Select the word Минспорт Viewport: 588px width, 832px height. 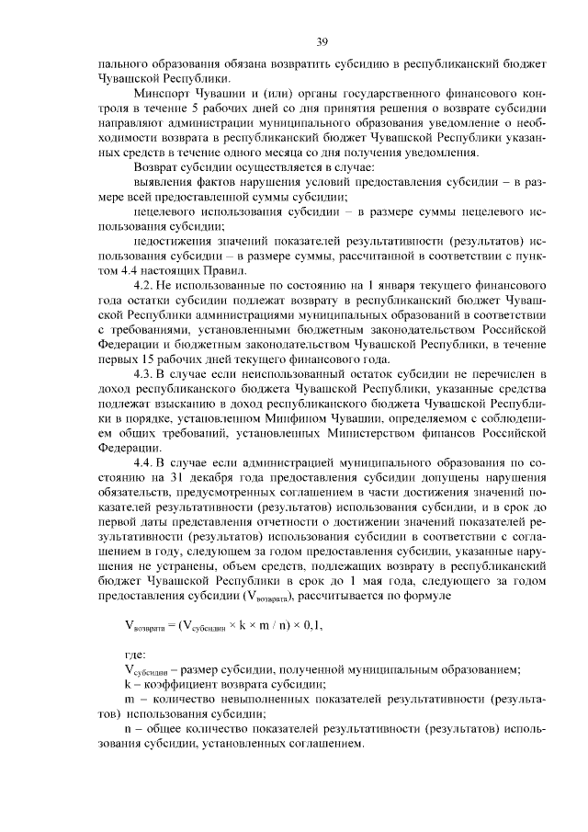[162, 92]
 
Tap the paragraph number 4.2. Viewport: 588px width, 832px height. [146, 287]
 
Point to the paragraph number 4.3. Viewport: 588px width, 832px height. [146, 377]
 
